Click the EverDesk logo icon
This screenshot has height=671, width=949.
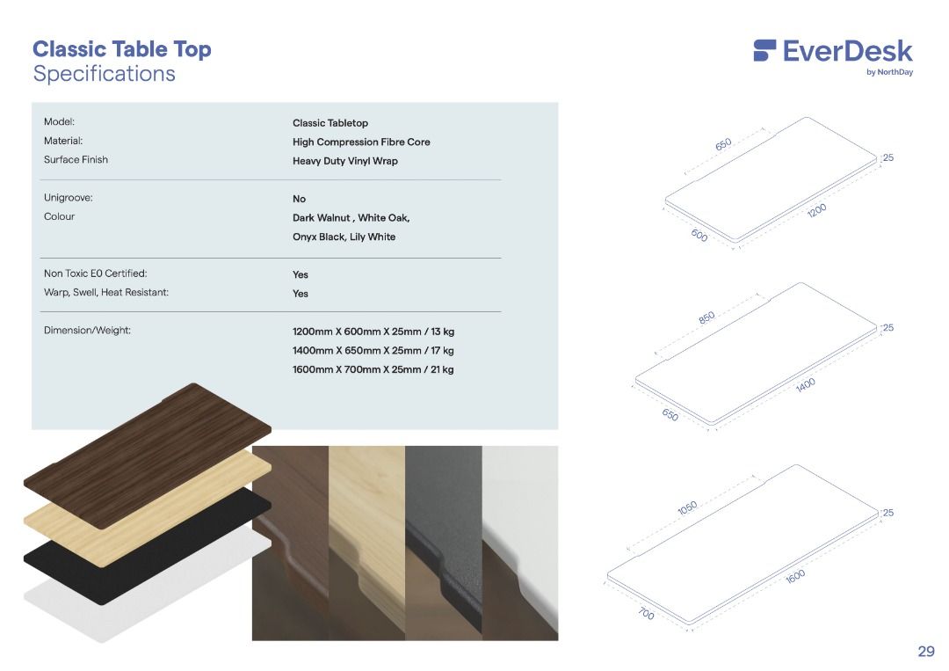(x=764, y=50)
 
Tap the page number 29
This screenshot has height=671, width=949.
(x=925, y=651)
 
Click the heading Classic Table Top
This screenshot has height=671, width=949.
(x=122, y=49)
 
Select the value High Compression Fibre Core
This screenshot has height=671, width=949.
(x=361, y=142)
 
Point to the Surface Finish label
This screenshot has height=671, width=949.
(x=76, y=160)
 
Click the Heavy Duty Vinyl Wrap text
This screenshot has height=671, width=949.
(x=344, y=161)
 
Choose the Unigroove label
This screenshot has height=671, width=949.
(x=68, y=198)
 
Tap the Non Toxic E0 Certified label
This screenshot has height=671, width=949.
(x=95, y=274)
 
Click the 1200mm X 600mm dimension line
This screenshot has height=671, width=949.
(x=373, y=332)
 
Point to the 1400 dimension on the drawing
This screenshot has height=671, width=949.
(x=806, y=383)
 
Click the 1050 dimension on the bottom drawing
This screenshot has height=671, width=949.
(x=687, y=508)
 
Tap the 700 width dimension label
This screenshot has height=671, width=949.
(x=646, y=614)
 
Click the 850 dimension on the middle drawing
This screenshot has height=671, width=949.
(x=707, y=317)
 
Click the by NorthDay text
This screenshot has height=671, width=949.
(x=889, y=72)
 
